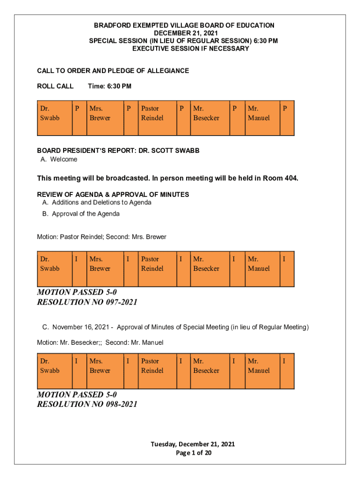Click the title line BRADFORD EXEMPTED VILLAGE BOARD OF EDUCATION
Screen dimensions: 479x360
point(184,25)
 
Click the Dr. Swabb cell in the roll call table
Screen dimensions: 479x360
point(50,113)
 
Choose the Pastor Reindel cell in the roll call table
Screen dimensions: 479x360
point(152,113)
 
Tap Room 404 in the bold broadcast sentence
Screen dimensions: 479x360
point(281,178)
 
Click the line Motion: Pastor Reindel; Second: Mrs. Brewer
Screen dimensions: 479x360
point(101,237)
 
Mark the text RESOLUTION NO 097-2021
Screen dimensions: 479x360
point(87,302)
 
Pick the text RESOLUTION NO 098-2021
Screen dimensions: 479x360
point(87,404)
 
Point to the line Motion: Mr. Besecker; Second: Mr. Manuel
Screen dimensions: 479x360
point(100,342)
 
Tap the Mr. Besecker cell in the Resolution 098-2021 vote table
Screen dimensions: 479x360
point(206,366)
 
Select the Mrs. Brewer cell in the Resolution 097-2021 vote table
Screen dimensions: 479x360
point(100,263)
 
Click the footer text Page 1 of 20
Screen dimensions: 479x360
point(193,453)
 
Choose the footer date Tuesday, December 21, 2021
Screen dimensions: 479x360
point(193,444)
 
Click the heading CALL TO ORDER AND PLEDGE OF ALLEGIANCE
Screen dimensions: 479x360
point(113,71)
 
